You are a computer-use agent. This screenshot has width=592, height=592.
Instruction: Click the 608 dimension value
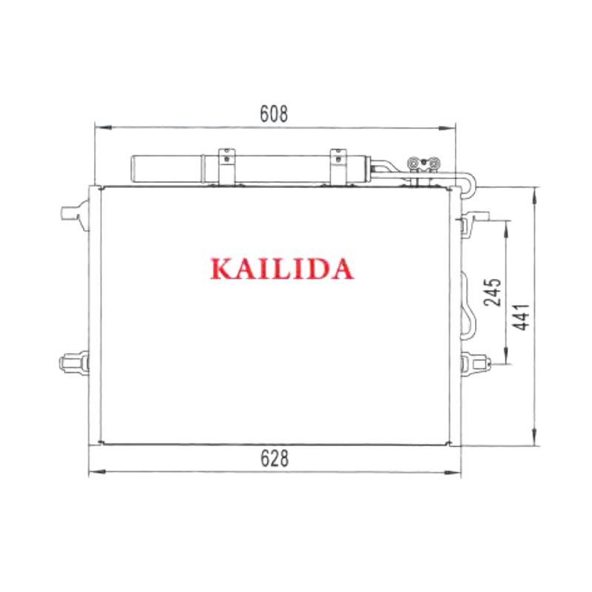(274, 114)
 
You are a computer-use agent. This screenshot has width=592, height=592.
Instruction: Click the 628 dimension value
(275, 458)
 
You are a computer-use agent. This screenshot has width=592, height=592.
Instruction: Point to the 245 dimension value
(493, 292)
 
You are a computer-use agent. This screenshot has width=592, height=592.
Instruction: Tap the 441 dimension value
(522, 317)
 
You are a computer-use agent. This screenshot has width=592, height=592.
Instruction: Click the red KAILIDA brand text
(282, 269)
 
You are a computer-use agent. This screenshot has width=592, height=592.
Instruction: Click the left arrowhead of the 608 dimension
(103, 127)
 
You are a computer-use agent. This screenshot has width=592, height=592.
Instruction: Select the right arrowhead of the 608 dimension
(447, 128)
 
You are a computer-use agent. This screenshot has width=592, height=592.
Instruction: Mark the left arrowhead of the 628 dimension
(97, 472)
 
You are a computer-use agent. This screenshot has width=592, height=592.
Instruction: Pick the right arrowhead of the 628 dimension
(452, 472)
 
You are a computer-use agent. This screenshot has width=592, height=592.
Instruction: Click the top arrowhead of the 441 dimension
(534, 196)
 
